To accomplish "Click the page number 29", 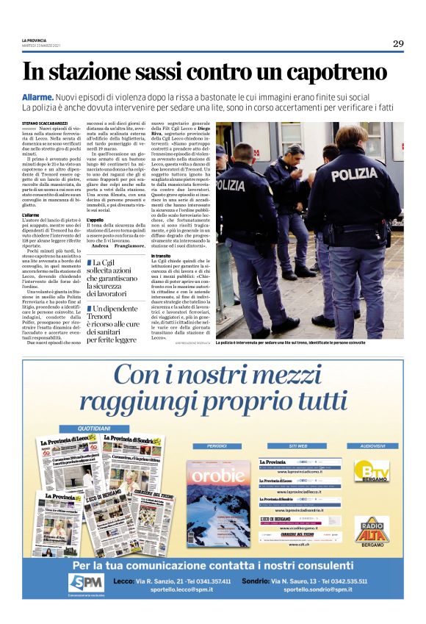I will tap(397, 43).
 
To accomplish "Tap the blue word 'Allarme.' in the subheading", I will tap(38, 97).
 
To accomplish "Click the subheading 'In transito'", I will tap(162, 256).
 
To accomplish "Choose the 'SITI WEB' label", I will tap(286, 446).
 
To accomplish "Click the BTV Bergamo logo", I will tap(372, 472).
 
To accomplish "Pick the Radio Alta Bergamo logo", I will tap(372, 531).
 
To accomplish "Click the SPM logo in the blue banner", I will tap(84, 584).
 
